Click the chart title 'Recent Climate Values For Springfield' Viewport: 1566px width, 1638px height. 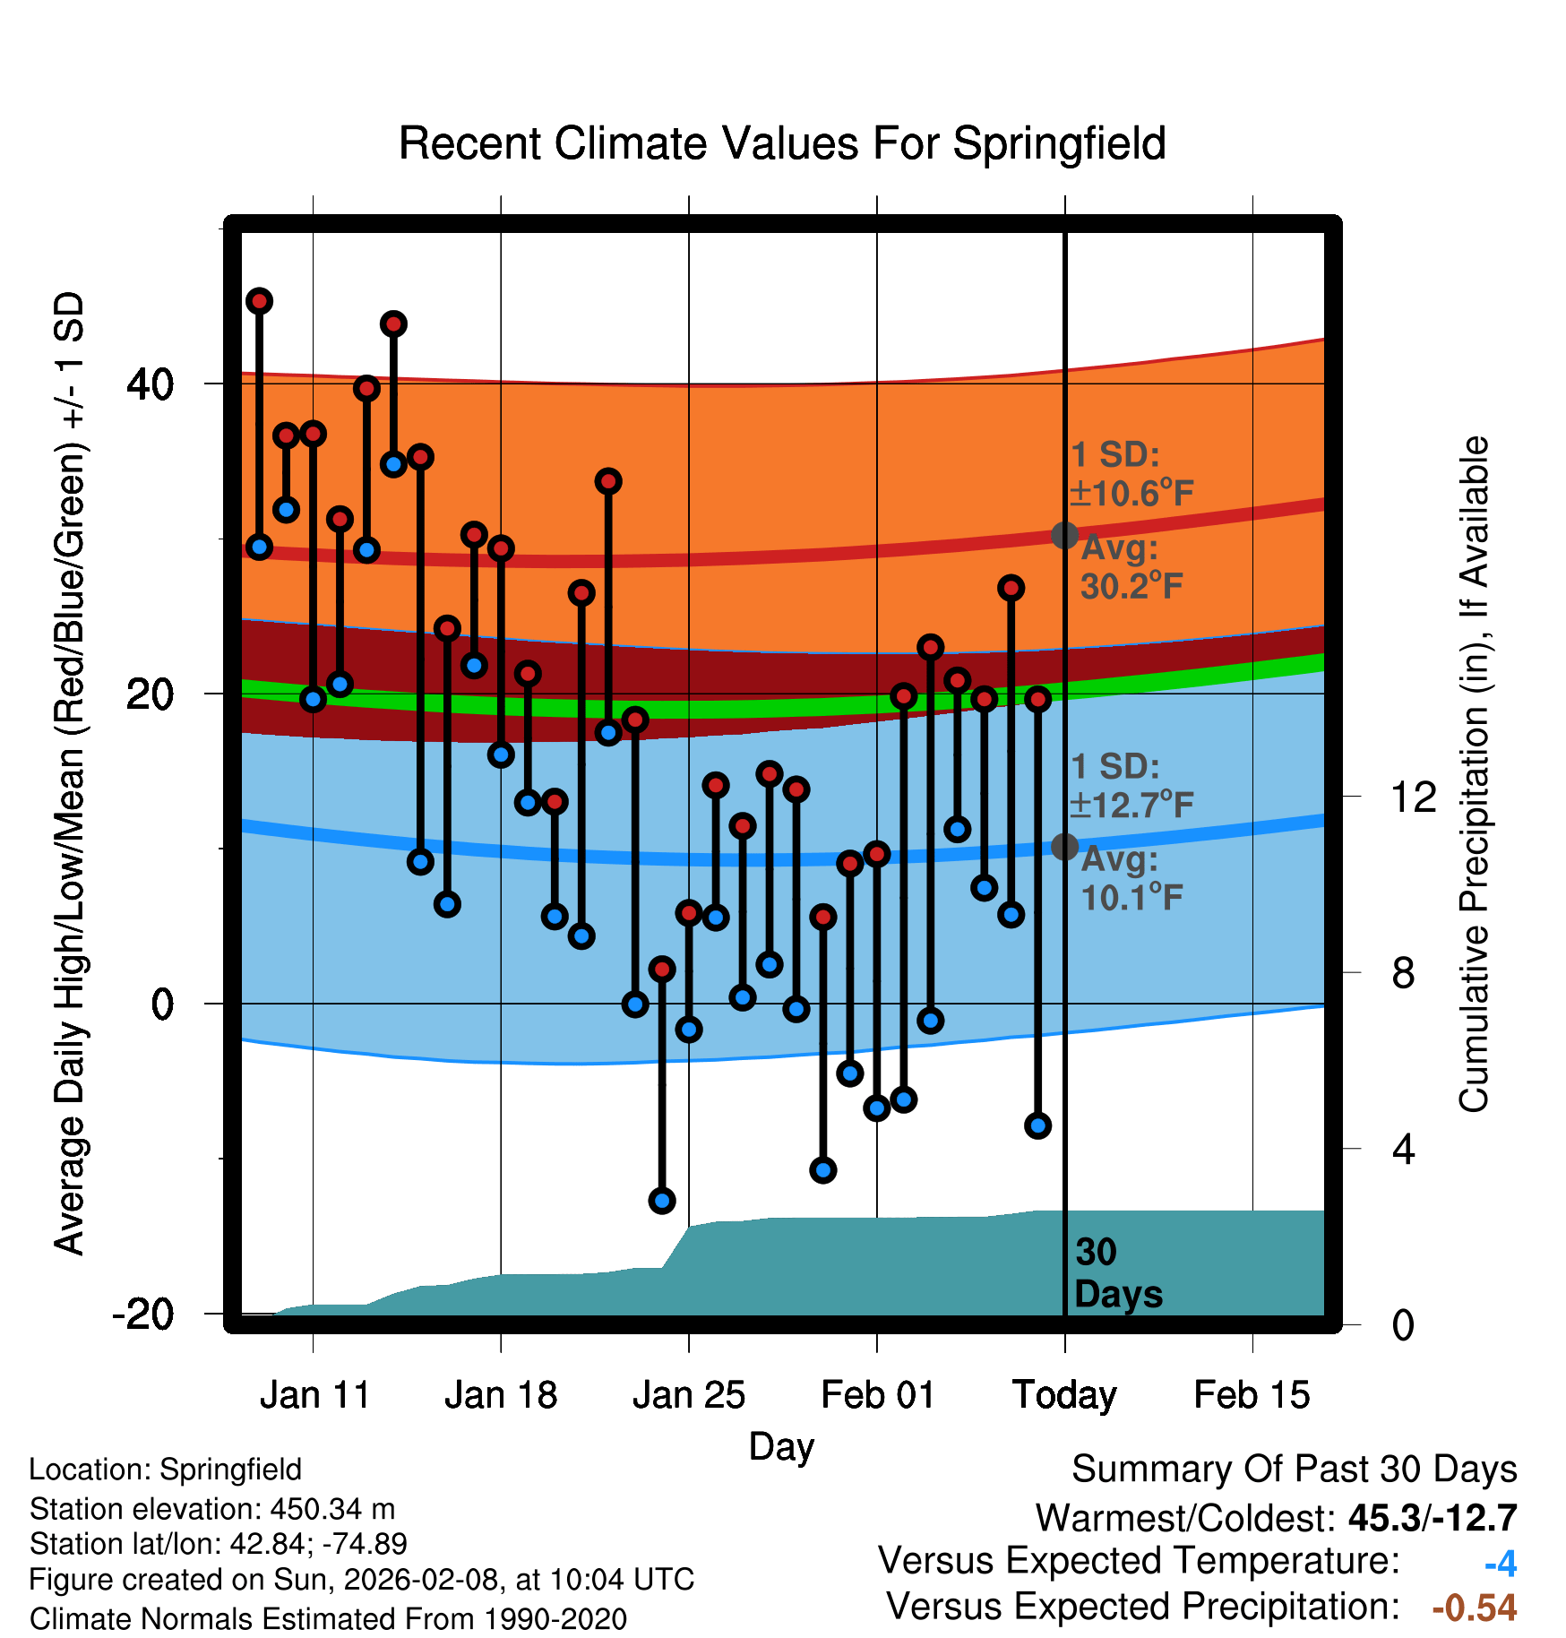click(x=781, y=143)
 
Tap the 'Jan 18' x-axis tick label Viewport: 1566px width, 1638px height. click(x=501, y=1395)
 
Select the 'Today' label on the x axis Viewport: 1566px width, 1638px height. click(x=1064, y=1395)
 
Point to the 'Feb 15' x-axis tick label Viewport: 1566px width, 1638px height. click(x=1252, y=1395)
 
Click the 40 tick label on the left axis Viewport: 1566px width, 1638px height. click(x=151, y=384)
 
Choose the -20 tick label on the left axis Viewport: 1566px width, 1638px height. click(x=143, y=1315)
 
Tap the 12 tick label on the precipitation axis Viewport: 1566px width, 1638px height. click(x=1414, y=797)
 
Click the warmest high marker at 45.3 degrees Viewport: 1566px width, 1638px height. click(x=260, y=301)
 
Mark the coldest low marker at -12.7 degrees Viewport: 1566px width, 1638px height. click(x=662, y=1200)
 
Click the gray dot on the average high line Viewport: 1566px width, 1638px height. click(x=1064, y=535)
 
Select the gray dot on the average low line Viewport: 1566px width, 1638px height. click(x=1064, y=846)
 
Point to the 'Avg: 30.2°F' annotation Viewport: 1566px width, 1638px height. click(x=1131, y=567)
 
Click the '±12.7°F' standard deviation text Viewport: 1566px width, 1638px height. click(x=1132, y=805)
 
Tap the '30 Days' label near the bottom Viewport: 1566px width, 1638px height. click(x=1117, y=1273)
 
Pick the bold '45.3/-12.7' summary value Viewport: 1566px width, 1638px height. click(x=1432, y=1518)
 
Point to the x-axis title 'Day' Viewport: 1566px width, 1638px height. click(x=781, y=1446)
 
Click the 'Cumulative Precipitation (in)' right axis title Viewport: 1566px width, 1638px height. click(x=1475, y=774)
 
